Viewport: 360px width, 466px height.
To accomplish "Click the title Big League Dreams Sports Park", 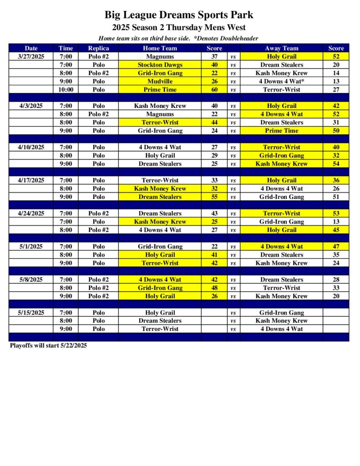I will coord(179,15).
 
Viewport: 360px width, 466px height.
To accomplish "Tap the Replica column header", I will coord(98,48).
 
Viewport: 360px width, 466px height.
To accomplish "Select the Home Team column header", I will coord(160,48).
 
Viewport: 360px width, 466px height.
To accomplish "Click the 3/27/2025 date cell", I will coord(31,56).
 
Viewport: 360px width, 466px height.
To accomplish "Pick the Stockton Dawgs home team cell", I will coord(160,65).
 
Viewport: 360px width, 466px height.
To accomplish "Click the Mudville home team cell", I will coord(160,81).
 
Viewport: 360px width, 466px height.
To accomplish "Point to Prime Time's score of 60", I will coord(214,90).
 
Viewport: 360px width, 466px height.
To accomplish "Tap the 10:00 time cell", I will coord(66,90).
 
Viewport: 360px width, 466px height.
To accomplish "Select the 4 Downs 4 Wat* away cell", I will coord(282,81).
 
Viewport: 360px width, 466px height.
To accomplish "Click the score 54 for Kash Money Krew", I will coord(336,164).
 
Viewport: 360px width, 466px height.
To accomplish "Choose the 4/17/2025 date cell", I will coord(31,180).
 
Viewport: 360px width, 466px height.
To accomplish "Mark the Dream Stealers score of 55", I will coord(214,197).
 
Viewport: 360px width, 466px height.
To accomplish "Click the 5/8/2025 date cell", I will coord(31,279).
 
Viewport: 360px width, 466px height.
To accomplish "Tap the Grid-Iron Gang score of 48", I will coord(214,288).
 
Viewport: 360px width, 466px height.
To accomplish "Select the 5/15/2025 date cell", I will coord(31,313).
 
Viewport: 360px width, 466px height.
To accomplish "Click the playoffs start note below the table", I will coord(48,345).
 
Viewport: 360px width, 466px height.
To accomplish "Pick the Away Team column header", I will coord(282,48).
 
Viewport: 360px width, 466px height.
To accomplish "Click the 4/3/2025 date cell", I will coord(31,106).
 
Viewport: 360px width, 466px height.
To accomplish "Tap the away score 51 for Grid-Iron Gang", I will coord(336,197).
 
